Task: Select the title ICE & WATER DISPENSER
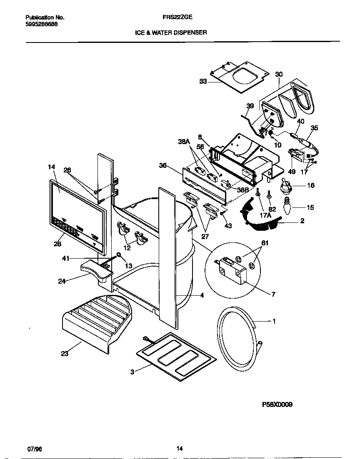coord(171,32)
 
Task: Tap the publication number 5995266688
coord(42,24)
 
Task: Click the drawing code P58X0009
coord(277,404)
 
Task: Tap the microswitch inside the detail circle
coord(229,268)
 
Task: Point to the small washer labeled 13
coord(119,254)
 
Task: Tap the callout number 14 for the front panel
coord(51,167)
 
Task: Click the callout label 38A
coord(184,142)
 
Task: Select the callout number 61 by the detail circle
coord(253,243)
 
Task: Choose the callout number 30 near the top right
coord(279,74)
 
